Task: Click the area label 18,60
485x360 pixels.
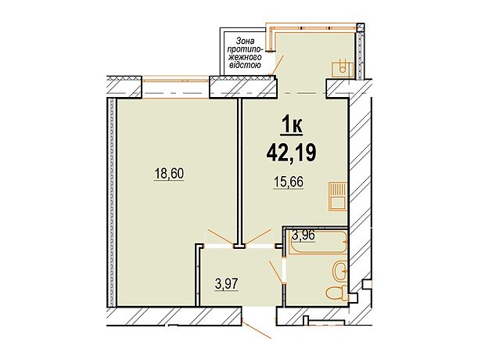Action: [x=169, y=174]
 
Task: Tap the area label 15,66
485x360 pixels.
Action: [x=289, y=182]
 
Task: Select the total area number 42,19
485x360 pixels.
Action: [x=291, y=153]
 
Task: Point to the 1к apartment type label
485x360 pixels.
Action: [x=291, y=127]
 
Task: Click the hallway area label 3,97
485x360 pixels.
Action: [x=227, y=284]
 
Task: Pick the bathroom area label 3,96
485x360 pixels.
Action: [x=304, y=236]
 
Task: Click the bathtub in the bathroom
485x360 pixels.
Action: [x=318, y=242]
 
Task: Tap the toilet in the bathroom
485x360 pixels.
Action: [x=337, y=293]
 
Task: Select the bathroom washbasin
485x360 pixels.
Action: [x=340, y=272]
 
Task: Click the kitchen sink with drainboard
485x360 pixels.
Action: [x=338, y=196]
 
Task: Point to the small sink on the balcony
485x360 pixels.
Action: [x=343, y=69]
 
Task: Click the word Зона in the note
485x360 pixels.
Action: [x=245, y=41]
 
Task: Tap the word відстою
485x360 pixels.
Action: [x=244, y=65]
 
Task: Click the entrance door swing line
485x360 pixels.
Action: [x=257, y=329]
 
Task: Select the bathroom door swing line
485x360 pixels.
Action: [x=276, y=272]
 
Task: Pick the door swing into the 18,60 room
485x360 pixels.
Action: [x=221, y=237]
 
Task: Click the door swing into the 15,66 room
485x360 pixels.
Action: [x=258, y=237]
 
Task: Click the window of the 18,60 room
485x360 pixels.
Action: [x=176, y=80]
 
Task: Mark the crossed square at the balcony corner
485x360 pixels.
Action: [x=361, y=27]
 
